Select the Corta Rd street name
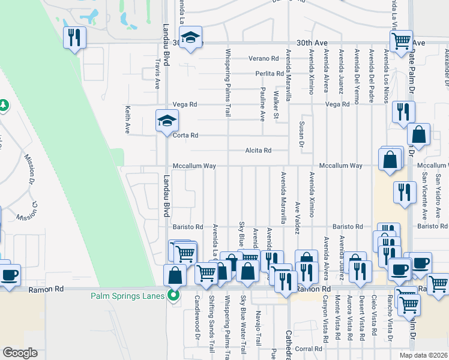(x=185, y=136)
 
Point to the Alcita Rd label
(x=258, y=151)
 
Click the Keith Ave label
(x=127, y=120)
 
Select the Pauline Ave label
(x=262, y=104)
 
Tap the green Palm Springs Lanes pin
(x=174, y=295)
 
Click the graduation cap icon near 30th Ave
(x=191, y=38)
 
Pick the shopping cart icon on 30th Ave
(x=401, y=41)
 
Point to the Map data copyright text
(x=424, y=355)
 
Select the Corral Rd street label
(x=309, y=349)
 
